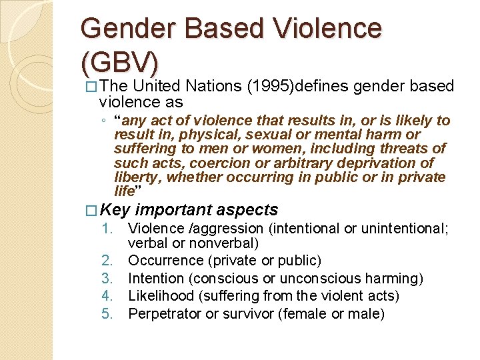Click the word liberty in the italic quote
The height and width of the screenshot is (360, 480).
click(137, 177)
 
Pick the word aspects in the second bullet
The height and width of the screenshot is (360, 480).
click(249, 210)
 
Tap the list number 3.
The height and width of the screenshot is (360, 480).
click(115, 278)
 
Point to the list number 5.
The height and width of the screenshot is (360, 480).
click(115, 313)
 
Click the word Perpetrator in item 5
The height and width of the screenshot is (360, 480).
click(164, 313)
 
